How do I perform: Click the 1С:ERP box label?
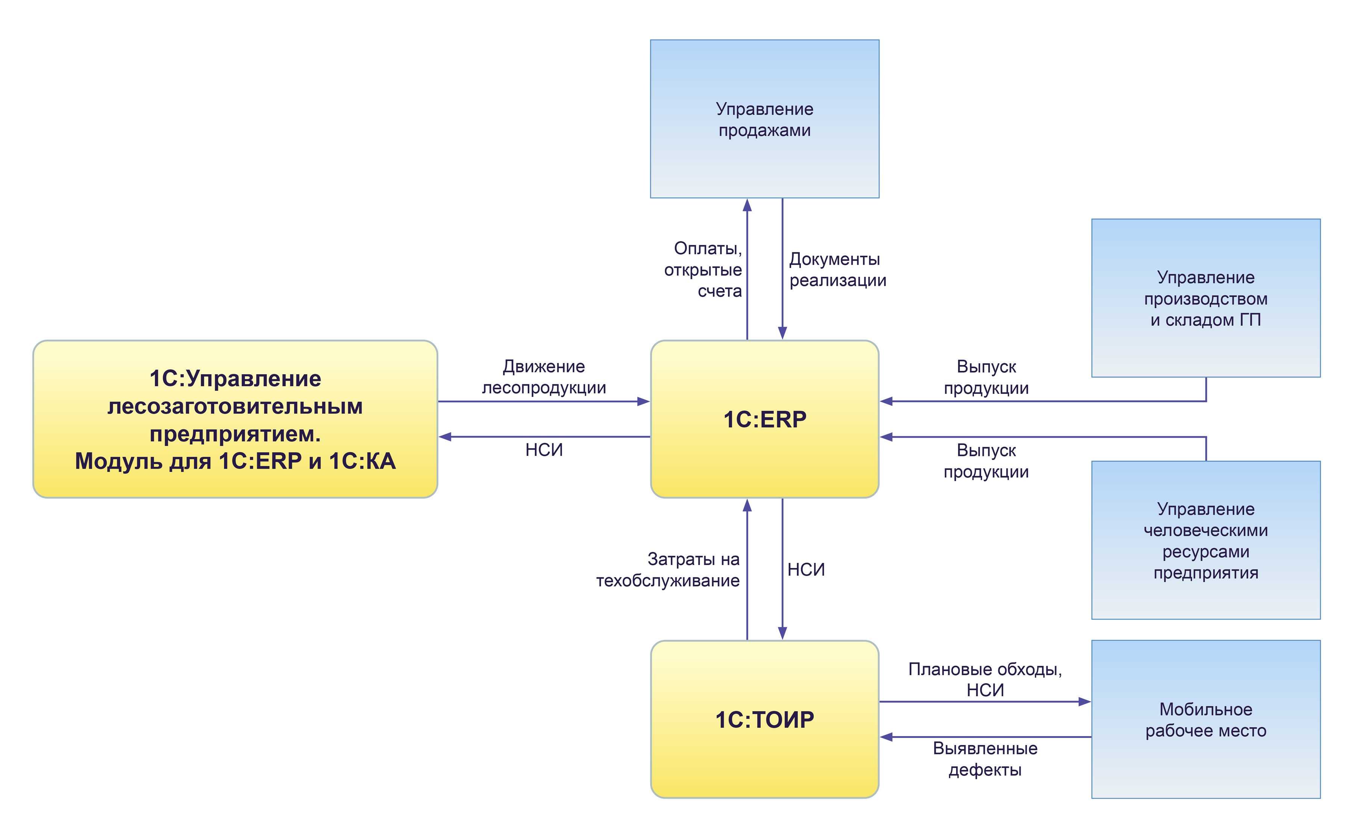click(764, 419)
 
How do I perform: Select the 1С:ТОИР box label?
click(764, 720)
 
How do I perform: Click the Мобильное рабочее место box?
click(1205, 720)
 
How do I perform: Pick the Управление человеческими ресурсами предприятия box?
click(1205, 540)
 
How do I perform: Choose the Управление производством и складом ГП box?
click(1205, 298)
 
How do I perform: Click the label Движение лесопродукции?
click(544, 377)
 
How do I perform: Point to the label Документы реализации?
click(837, 269)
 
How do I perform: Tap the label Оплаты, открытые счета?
click(703, 269)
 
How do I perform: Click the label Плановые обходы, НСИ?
click(985, 680)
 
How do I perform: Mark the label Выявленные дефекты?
click(985, 759)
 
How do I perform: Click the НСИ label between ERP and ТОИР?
click(806, 570)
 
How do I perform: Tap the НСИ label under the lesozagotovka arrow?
click(544, 449)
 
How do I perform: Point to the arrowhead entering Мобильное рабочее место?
click(1084, 702)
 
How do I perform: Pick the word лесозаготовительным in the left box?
click(235, 406)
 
